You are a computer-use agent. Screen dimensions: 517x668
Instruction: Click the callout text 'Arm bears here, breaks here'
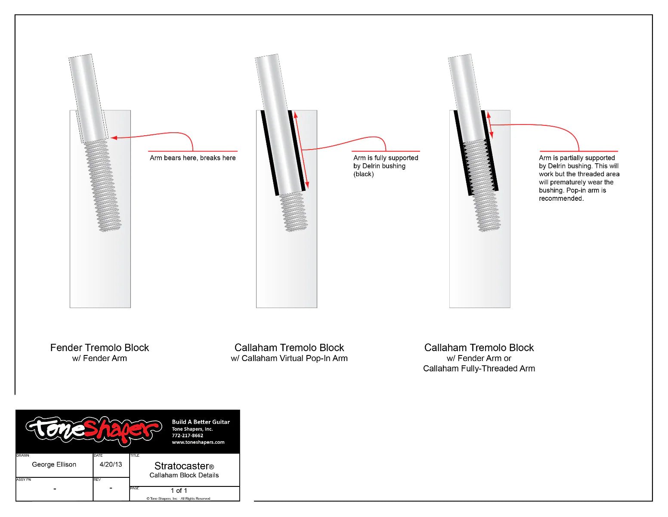[192, 158]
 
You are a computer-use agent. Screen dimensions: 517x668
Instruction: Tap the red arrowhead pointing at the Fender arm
[114, 138]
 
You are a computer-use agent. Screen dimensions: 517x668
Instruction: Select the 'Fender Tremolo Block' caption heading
[99, 348]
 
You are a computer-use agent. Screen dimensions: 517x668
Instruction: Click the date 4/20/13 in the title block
[111, 464]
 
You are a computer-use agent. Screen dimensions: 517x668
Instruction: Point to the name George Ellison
[54, 464]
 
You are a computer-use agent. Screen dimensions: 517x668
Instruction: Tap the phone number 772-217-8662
[187, 436]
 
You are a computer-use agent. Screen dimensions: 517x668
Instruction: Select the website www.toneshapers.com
[198, 442]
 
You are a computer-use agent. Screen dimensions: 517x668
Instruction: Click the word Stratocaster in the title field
[182, 466]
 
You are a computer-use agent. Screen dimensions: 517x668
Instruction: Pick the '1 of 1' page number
[179, 491]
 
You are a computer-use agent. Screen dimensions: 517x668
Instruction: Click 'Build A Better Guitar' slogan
[201, 422]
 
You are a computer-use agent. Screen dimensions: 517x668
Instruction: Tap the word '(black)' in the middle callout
[363, 174]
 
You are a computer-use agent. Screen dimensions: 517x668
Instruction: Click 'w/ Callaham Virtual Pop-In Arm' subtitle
[289, 358]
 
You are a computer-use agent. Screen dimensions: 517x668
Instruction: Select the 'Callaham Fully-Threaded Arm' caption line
[479, 369]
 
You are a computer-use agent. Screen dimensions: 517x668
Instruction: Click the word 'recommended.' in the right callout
[561, 199]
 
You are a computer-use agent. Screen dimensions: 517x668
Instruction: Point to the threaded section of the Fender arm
[102, 185]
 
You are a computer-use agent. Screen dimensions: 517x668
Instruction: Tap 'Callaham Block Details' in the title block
[184, 475]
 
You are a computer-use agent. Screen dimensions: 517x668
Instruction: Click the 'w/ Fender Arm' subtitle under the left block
[99, 358]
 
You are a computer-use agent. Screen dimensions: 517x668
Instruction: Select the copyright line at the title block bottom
[178, 498]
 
